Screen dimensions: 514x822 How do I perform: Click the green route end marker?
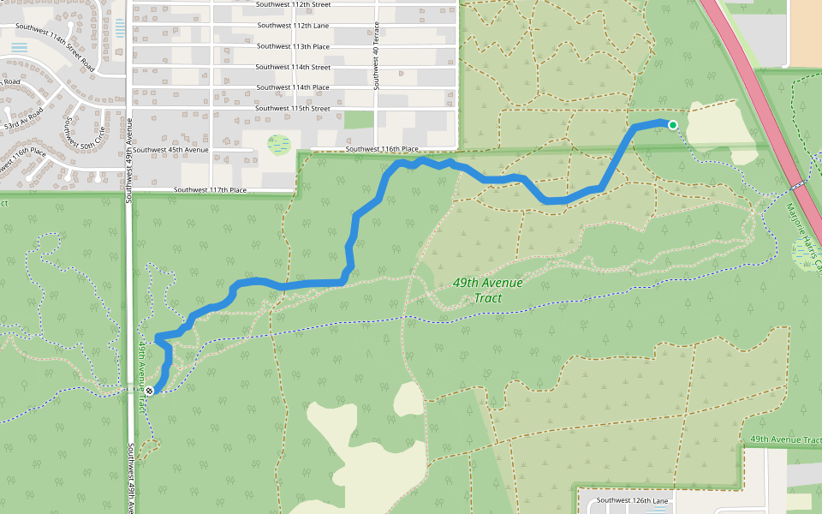(673, 126)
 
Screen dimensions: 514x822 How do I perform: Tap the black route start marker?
(149, 391)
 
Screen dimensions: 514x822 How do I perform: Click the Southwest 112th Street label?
(293, 5)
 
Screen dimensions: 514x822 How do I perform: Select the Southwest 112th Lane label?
(293, 26)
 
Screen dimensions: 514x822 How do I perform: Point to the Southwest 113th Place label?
(293, 46)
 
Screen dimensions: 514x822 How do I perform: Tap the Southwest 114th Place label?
(293, 87)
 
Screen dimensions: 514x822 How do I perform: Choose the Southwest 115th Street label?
(293, 109)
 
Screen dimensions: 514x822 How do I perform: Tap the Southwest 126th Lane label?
(632, 500)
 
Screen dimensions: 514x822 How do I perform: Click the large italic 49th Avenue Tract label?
(477, 291)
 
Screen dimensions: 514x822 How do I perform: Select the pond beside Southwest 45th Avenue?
(278, 144)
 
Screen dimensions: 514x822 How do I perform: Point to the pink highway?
(753, 86)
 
